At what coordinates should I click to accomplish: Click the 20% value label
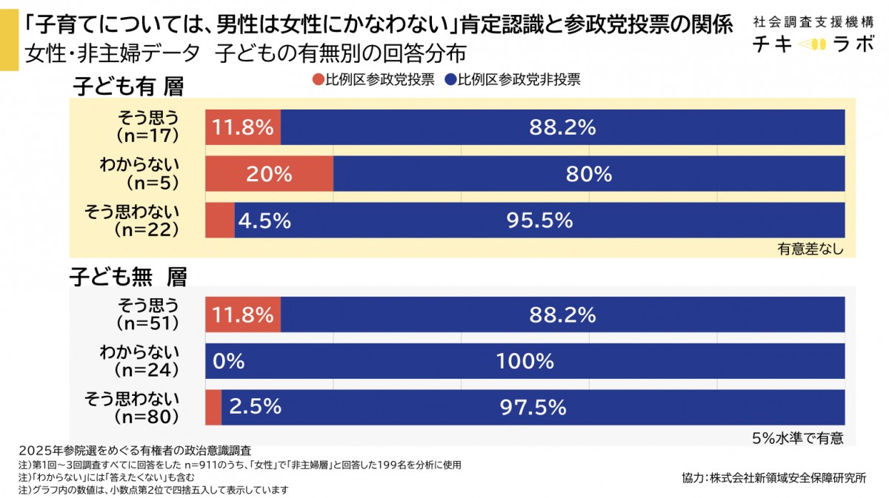click(x=270, y=174)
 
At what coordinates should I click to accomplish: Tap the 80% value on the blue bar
click(x=589, y=174)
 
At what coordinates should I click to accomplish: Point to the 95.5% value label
click(x=540, y=221)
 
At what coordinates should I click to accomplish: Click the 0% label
click(x=228, y=361)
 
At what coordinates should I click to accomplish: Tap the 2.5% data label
click(x=255, y=407)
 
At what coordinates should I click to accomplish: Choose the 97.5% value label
click(x=533, y=407)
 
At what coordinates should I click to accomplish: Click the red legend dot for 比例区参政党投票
click(x=319, y=80)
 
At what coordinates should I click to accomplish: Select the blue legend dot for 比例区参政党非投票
click(x=449, y=80)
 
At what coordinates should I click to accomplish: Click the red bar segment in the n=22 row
click(x=220, y=221)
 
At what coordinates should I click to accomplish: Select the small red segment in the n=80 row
click(x=213, y=407)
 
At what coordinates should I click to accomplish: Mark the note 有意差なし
click(x=810, y=249)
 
